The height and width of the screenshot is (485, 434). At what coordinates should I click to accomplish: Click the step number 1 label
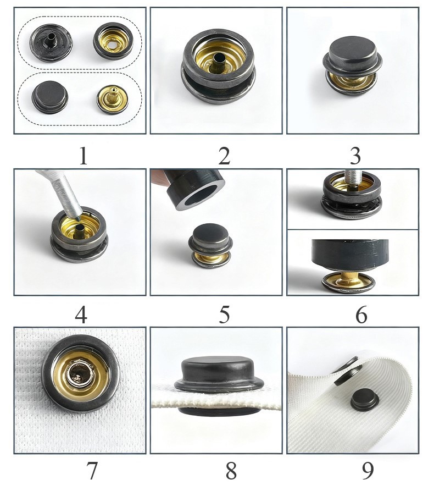(x=83, y=156)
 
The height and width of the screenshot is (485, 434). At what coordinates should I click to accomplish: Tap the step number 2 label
(x=224, y=156)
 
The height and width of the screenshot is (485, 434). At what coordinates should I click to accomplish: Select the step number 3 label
(x=355, y=156)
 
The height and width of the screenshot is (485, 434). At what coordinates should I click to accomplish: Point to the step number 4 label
(x=81, y=315)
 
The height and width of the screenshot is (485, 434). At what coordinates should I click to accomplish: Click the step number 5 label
(x=224, y=315)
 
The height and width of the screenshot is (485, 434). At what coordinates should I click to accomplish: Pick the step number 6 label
(x=361, y=315)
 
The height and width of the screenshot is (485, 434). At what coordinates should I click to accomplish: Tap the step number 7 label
(x=92, y=471)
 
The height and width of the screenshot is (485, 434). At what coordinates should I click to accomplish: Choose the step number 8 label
(x=231, y=471)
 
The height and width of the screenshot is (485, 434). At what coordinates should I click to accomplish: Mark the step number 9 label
(x=368, y=471)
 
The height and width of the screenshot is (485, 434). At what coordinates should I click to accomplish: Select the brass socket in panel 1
(x=113, y=41)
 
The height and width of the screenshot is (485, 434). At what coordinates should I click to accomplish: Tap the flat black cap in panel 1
(x=50, y=96)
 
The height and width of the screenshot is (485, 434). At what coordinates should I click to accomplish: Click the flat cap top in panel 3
(x=353, y=49)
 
